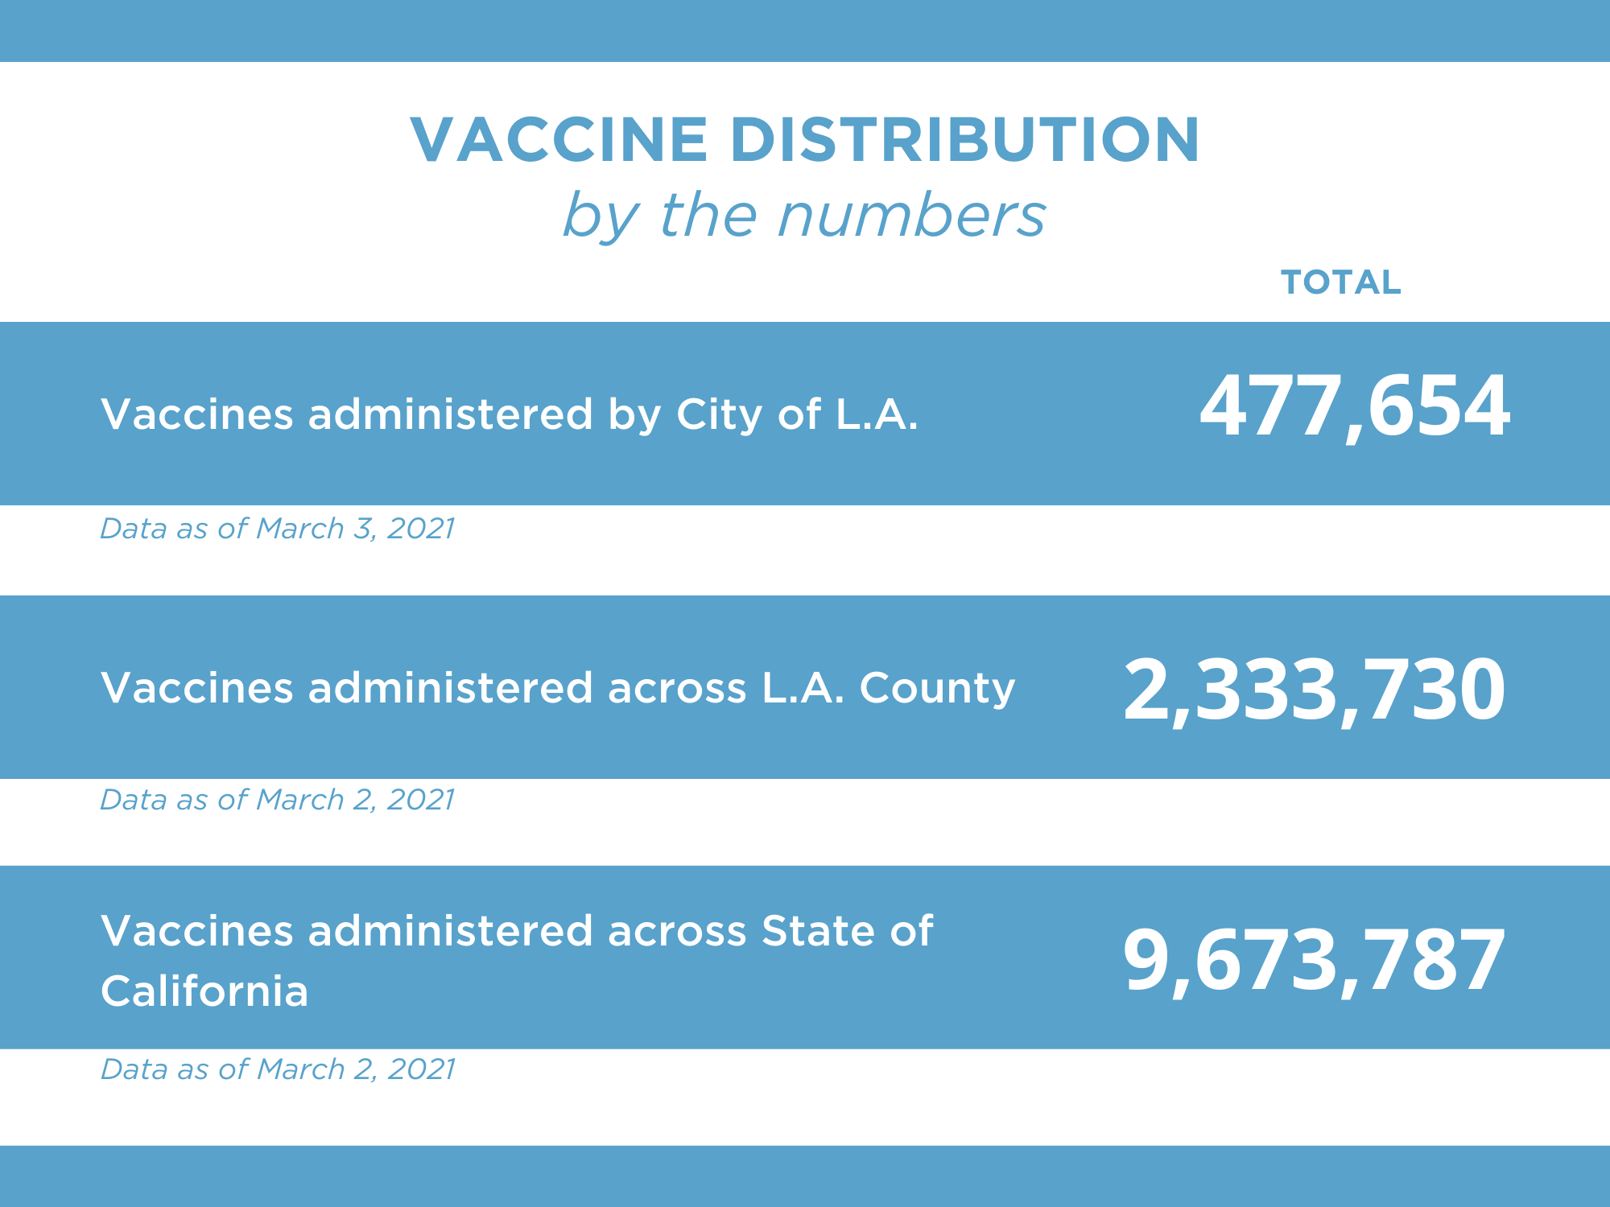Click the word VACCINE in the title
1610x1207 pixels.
[x=559, y=139]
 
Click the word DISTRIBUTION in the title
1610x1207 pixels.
[x=964, y=139]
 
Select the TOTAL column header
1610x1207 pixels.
[x=1340, y=282]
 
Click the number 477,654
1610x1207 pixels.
[x=1354, y=406]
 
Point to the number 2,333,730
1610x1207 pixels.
[x=1314, y=690]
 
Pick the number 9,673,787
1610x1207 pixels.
[x=1314, y=961]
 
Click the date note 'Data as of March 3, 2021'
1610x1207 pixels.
[x=277, y=529]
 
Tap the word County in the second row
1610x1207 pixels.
[x=937, y=688]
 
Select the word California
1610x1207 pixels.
[x=204, y=991]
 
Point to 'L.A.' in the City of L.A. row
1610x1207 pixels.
[x=877, y=414]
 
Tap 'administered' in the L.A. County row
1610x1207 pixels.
[x=450, y=688]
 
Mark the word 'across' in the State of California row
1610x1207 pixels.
[x=677, y=931]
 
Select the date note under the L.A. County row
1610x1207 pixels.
[x=277, y=800]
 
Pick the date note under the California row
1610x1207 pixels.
[x=277, y=1069]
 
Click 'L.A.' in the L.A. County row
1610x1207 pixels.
[x=803, y=688]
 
